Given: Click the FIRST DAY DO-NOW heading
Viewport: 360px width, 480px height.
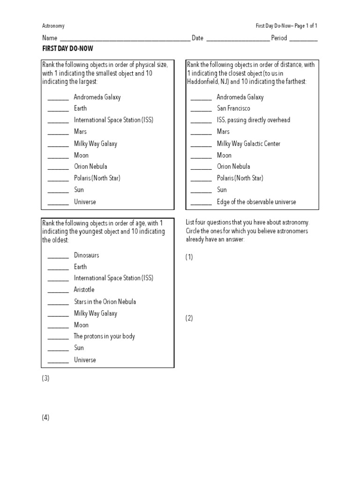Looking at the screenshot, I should pos(67,49).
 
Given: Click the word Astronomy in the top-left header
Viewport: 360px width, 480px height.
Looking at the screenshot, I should pos(53,26).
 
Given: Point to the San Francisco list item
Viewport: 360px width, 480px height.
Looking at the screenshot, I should pos(233,108).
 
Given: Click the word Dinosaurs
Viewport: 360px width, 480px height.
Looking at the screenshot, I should pos(86,255).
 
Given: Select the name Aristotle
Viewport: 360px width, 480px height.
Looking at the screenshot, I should pos(84,290).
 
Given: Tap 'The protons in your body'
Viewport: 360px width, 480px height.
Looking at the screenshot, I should pos(104,336).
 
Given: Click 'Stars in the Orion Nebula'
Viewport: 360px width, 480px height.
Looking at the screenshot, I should pos(105,301).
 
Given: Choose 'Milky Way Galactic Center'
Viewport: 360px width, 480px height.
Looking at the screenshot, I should pos(248,143).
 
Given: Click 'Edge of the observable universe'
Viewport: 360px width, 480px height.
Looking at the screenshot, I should pos(256,202).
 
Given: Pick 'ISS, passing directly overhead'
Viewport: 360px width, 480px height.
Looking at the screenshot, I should pos(253,120).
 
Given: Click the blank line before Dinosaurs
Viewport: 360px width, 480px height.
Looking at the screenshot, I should pos(58,257).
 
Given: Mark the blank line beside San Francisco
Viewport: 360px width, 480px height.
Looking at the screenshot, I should pos(201,110).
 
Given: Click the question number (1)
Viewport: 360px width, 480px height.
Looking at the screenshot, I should pos(189,257).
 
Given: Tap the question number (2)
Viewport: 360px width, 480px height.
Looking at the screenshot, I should pos(189,318).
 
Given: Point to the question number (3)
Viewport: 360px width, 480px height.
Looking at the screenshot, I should pos(45,379).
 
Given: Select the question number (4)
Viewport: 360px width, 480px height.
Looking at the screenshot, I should pos(45,418).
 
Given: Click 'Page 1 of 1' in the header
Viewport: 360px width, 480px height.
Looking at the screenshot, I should pos(308,26).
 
